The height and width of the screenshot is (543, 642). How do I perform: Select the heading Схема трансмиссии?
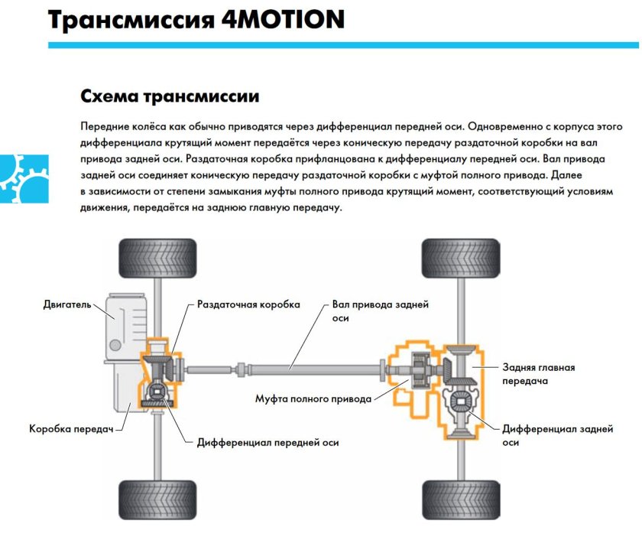(x=169, y=97)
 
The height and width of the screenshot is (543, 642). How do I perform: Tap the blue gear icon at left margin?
(x=23, y=180)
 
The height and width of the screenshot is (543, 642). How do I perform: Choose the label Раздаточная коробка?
(x=248, y=304)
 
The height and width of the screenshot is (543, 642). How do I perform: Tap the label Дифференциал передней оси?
(x=267, y=442)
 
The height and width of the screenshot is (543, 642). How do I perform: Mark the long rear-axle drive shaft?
(x=306, y=370)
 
